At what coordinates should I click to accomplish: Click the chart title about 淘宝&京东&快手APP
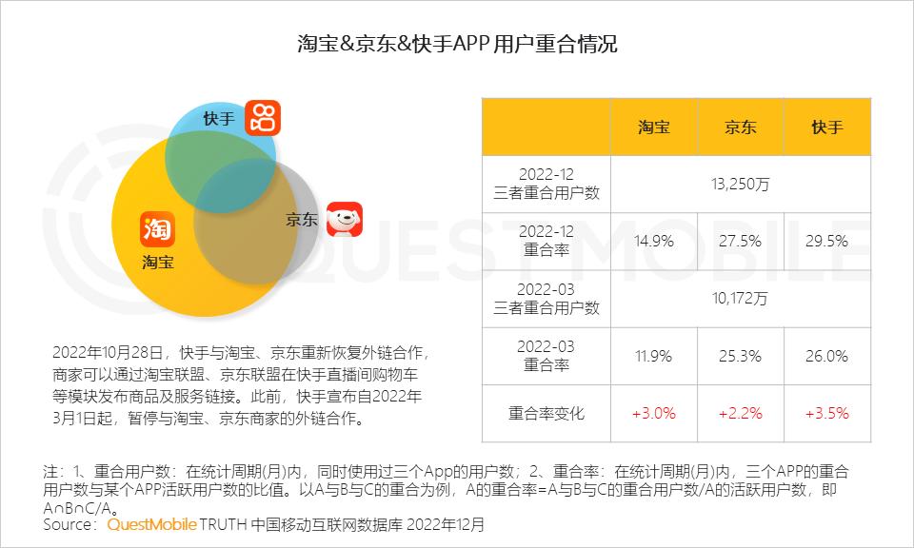[x=457, y=44]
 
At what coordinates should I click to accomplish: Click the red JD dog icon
[x=345, y=219]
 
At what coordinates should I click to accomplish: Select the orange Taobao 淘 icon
[x=157, y=227]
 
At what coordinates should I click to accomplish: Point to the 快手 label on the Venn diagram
[x=218, y=119]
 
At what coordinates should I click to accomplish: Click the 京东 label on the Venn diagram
[x=302, y=219]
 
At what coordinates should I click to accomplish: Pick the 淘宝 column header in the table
[x=653, y=127]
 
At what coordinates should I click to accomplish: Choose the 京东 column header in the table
[x=740, y=127]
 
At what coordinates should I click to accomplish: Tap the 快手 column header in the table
[x=825, y=127]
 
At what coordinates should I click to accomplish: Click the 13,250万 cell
[x=740, y=184]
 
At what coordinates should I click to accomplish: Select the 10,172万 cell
[x=740, y=299]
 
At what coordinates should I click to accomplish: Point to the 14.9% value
[x=653, y=241]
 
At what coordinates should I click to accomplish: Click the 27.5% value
[x=740, y=241]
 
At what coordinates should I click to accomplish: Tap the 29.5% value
[x=825, y=241]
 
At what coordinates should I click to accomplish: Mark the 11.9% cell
[x=653, y=356]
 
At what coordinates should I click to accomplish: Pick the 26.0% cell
[x=825, y=356]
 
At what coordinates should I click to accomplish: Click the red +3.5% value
[x=825, y=414]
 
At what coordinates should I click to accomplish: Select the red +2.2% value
[x=740, y=414]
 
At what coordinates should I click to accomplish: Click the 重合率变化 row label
[x=546, y=414]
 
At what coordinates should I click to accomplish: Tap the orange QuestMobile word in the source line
[x=152, y=524]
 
